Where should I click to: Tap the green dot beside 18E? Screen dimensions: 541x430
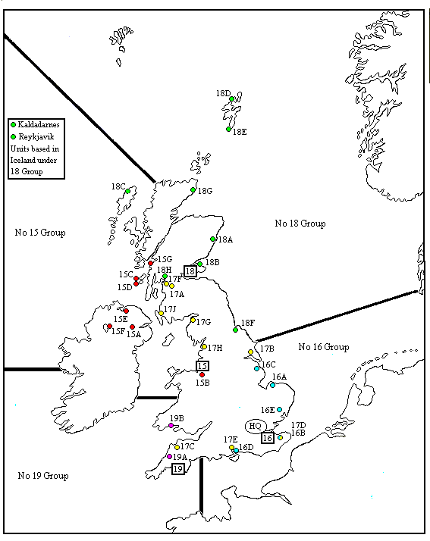point(228,129)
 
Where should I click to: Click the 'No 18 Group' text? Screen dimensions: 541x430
point(300,224)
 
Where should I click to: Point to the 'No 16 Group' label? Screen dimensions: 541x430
point(323,347)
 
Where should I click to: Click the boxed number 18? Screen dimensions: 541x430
point(190,271)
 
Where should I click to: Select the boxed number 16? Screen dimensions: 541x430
point(267,437)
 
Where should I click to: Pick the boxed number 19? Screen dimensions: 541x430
point(178,469)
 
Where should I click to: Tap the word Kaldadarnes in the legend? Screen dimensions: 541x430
point(38,124)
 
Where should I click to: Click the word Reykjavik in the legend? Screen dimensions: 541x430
point(35,136)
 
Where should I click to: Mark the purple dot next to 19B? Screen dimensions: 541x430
point(171,426)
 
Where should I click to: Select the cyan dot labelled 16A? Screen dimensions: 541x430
point(272,385)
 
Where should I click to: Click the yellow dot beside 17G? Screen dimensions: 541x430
point(193,320)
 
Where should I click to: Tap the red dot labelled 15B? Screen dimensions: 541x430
point(202,374)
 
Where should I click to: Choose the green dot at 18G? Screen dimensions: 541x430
point(193,189)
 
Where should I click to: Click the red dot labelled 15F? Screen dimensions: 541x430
point(109,327)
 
